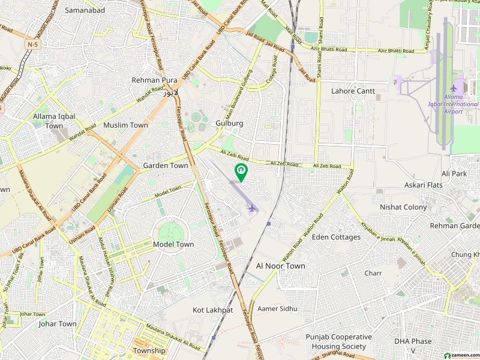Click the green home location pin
click(x=241, y=172)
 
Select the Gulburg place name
click(x=229, y=123)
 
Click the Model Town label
click(x=173, y=244)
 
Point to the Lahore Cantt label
click(x=353, y=91)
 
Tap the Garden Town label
click(x=165, y=165)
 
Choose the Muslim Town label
click(x=125, y=125)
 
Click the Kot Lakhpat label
click(x=212, y=310)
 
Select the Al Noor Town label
click(x=280, y=266)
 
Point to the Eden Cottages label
click(x=336, y=237)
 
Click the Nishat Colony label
click(x=403, y=207)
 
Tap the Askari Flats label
click(x=423, y=185)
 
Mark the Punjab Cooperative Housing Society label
click(x=338, y=342)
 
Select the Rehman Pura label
click(x=154, y=80)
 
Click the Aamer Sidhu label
click(x=277, y=308)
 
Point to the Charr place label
click(x=373, y=273)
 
